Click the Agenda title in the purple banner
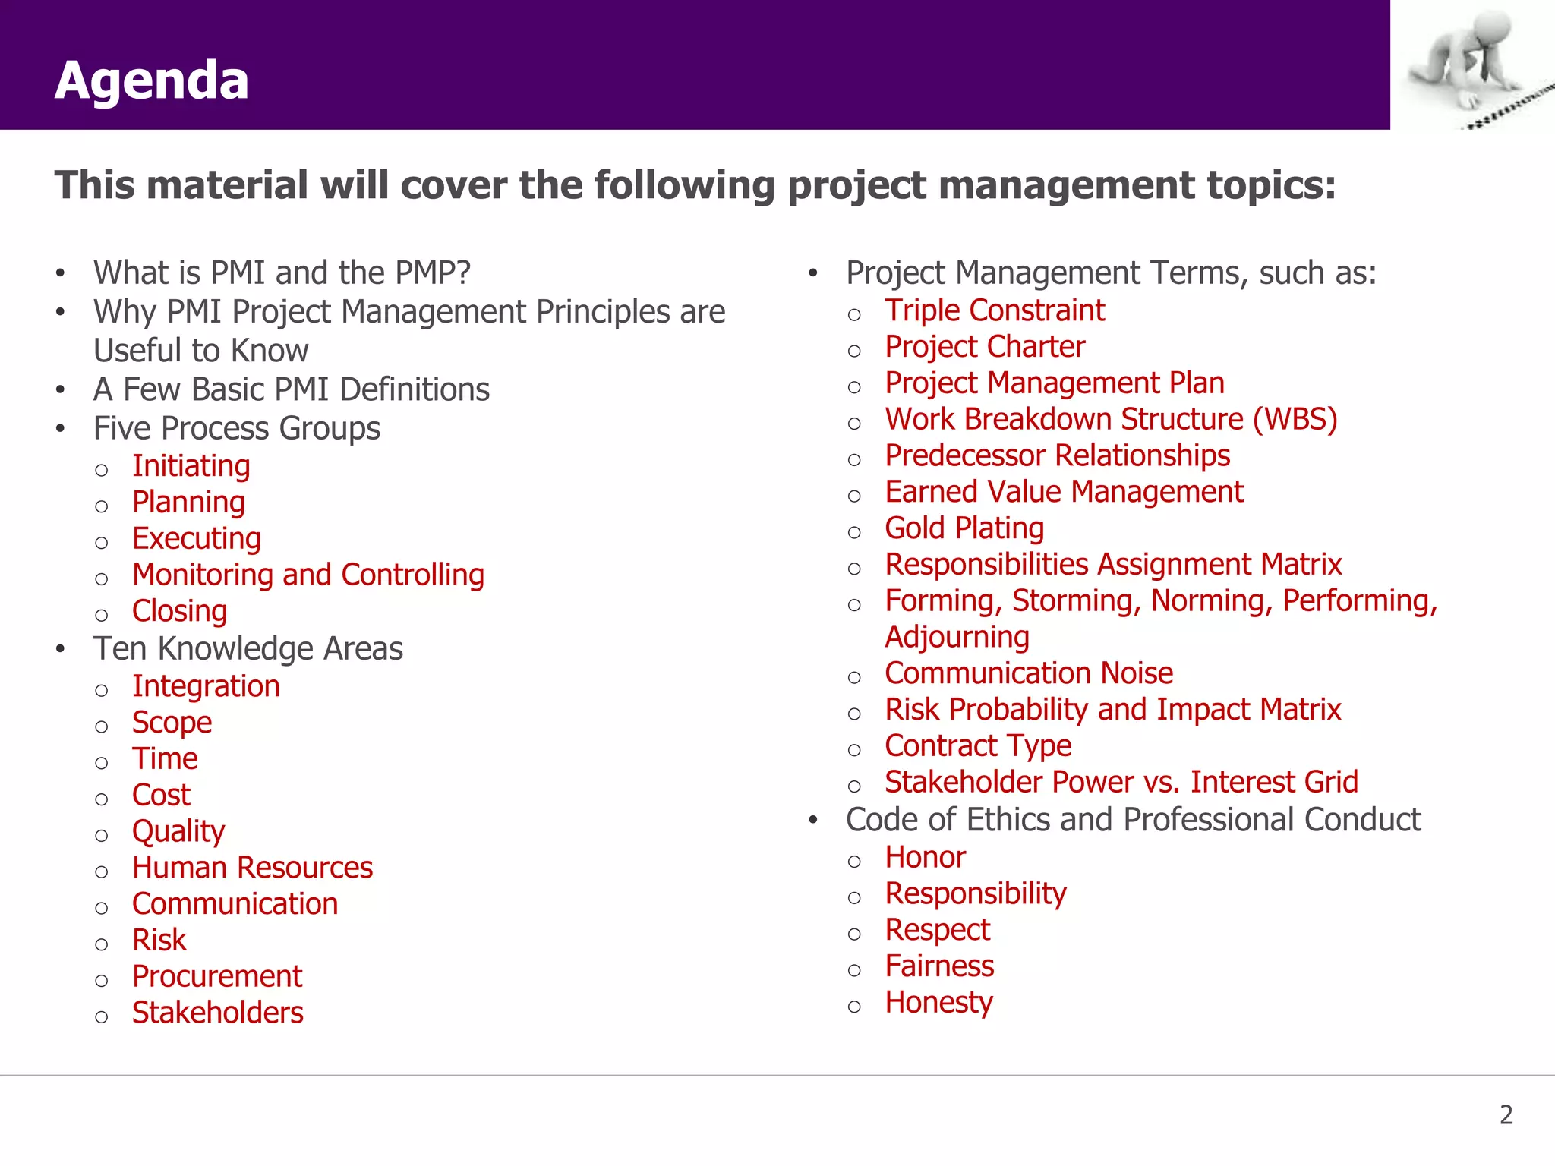tap(152, 80)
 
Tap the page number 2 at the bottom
tap(1506, 1114)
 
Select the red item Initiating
tap(191, 466)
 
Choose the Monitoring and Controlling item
tap(308, 575)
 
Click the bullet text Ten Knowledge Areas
tap(248, 649)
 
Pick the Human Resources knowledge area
tap(252, 868)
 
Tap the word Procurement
tap(217, 977)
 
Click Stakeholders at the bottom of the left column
tap(217, 1013)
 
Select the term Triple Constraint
tap(995, 310)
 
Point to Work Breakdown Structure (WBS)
tap(1111, 420)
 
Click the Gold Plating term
tap(964, 528)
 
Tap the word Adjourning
tap(957, 637)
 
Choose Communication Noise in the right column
tap(1029, 673)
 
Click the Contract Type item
tap(978, 746)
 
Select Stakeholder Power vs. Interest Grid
tap(1121, 783)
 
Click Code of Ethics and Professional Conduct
tap(1133, 820)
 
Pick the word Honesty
tap(938, 1003)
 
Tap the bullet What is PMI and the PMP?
tap(282, 273)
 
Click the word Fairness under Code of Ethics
tap(939, 966)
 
